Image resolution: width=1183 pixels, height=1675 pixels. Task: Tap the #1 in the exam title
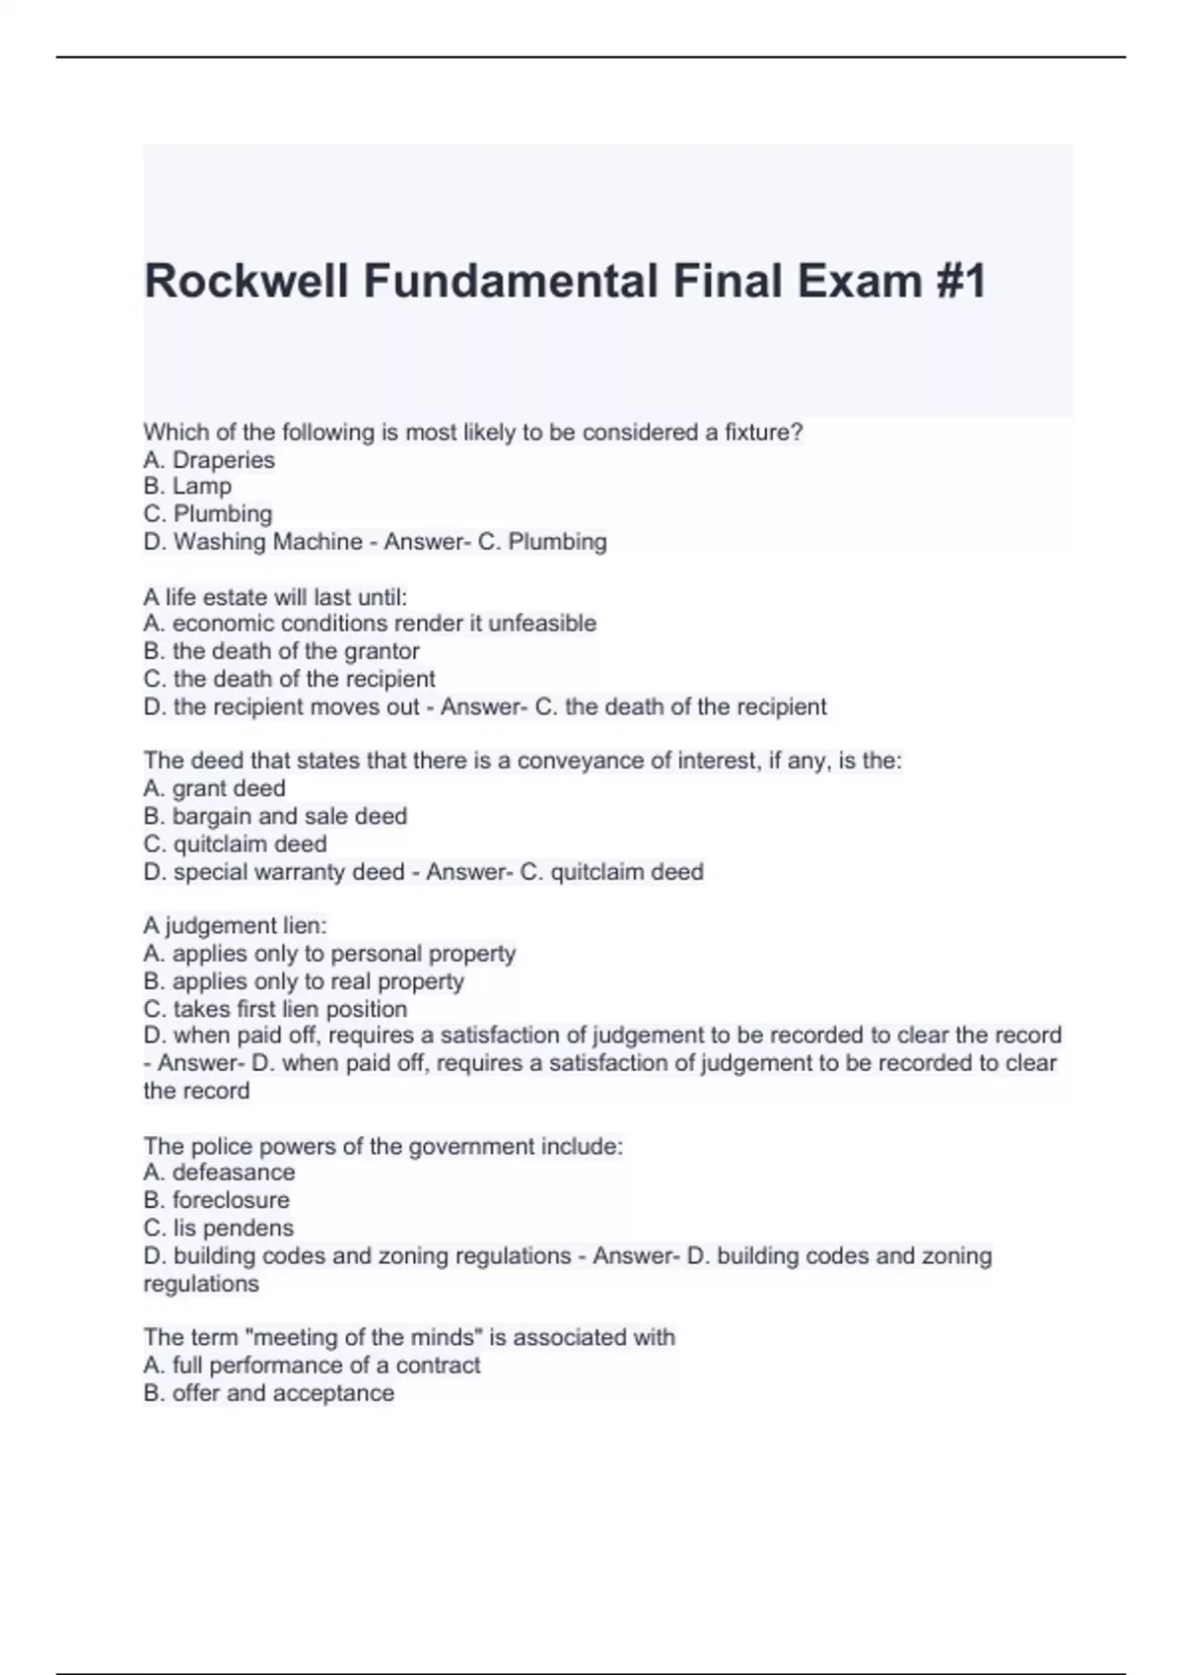tap(955, 281)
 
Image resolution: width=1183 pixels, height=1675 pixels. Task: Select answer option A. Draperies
tap(209, 460)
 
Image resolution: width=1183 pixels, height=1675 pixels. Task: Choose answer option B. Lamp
tap(187, 487)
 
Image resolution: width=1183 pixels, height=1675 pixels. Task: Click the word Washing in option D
tap(219, 542)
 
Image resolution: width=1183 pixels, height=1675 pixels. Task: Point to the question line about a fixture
tap(473, 433)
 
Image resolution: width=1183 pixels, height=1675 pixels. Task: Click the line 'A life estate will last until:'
tap(275, 597)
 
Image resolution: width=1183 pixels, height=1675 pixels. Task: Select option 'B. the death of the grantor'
tap(281, 651)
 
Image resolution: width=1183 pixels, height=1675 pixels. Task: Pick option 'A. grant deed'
tap(214, 788)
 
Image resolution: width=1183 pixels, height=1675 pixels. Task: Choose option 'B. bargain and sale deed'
tap(275, 816)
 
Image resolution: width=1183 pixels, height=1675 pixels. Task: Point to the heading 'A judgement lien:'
tap(235, 925)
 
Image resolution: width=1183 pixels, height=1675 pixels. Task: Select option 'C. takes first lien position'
tap(275, 1009)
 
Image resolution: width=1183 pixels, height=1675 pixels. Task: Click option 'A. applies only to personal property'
tap(329, 954)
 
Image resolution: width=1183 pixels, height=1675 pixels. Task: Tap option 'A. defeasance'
tap(219, 1172)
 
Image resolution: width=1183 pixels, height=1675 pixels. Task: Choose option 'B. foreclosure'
tap(216, 1200)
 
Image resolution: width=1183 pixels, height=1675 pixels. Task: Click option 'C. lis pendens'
tap(218, 1228)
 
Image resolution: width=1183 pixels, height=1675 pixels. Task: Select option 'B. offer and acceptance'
tap(268, 1393)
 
